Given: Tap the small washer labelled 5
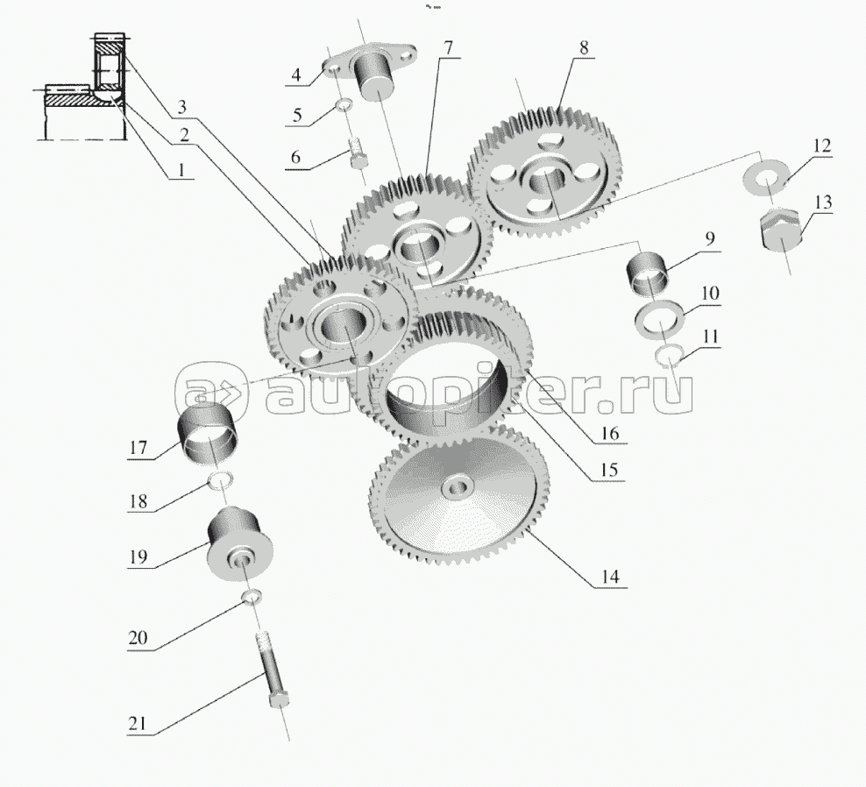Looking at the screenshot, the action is click(345, 108).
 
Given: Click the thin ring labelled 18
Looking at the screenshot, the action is click(221, 479).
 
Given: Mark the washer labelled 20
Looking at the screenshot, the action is click(252, 598).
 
